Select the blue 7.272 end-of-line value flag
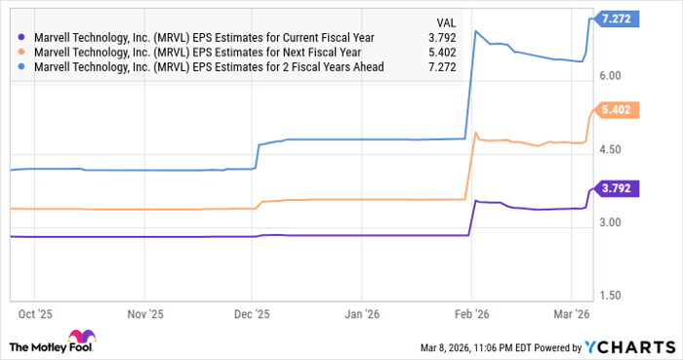620,19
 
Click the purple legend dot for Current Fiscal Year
21,40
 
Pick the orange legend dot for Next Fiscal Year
21,54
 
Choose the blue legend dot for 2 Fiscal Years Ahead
21,67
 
